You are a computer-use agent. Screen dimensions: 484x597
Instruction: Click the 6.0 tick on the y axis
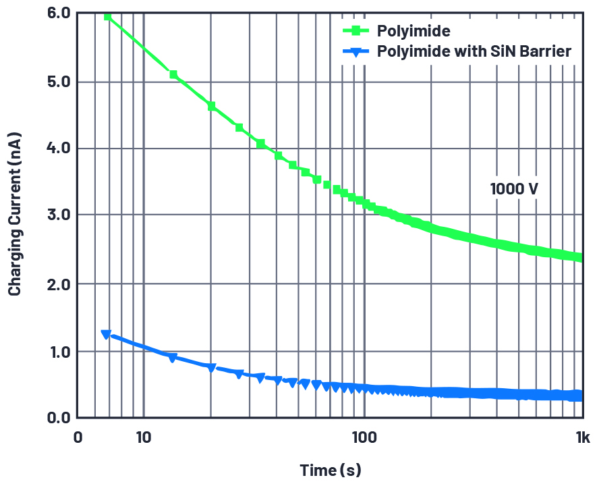pyautogui.click(x=57, y=13)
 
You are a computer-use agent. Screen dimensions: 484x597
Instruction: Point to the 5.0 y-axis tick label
pyautogui.click(x=57, y=82)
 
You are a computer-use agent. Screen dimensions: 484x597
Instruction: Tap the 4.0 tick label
pyautogui.click(x=57, y=149)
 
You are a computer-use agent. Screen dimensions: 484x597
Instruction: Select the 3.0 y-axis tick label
pyautogui.click(x=57, y=215)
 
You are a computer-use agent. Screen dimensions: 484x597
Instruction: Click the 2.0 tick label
pyautogui.click(x=57, y=284)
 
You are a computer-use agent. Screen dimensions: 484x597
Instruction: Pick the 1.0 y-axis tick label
pyautogui.click(x=57, y=352)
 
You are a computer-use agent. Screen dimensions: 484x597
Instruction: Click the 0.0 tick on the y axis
pyautogui.click(x=57, y=418)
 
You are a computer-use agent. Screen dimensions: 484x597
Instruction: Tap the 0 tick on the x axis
pyautogui.click(x=78, y=437)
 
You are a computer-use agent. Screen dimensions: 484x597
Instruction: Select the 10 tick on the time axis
pyautogui.click(x=143, y=437)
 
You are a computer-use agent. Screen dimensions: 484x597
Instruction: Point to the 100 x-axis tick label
pyautogui.click(x=364, y=437)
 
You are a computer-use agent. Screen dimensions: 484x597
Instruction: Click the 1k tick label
pyautogui.click(x=583, y=437)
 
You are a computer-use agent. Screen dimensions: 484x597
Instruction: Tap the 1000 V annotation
pyautogui.click(x=514, y=189)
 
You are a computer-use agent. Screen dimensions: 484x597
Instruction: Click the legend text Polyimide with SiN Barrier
pyautogui.click(x=474, y=51)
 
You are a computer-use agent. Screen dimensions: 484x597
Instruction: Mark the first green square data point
pyautogui.click(x=107, y=16)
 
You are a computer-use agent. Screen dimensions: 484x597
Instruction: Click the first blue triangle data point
pyautogui.click(x=106, y=334)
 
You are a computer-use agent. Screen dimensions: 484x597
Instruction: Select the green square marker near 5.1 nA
pyautogui.click(x=173, y=74)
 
